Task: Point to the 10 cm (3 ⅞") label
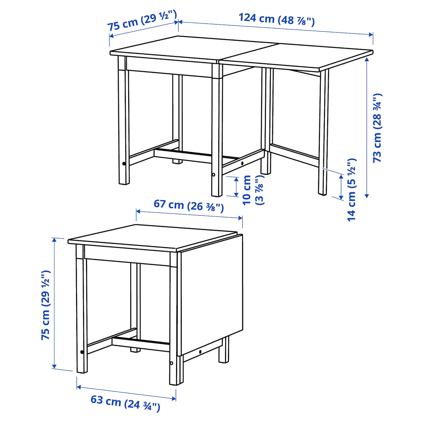coord(254,190)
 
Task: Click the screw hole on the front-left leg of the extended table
coord(124,164)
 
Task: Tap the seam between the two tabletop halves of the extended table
coord(249,53)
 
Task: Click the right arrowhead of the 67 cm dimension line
coord(240,218)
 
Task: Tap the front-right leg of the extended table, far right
coord(323,132)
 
